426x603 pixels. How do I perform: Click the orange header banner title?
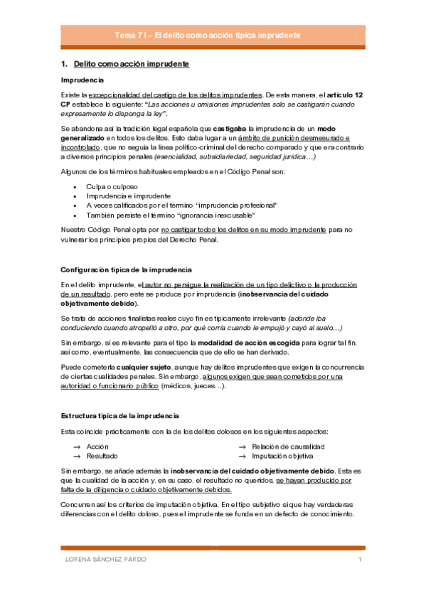click(213, 35)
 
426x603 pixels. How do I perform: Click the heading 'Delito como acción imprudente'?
click(131, 65)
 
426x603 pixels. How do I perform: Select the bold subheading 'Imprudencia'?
click(82, 80)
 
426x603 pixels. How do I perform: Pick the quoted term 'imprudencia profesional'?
click(236, 205)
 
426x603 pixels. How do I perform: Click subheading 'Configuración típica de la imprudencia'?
click(126, 270)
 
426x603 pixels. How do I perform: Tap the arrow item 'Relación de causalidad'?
click(288, 446)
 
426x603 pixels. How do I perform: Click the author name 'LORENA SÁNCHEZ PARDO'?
click(105, 561)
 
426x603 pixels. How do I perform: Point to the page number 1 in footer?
click(361, 561)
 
